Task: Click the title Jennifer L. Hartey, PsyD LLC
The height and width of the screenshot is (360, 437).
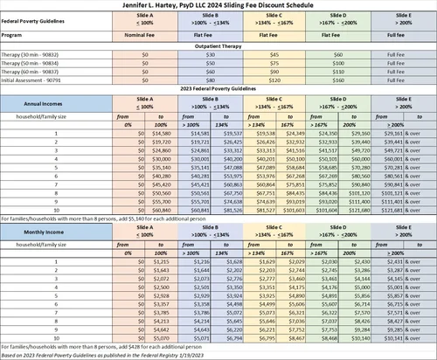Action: click(x=218, y=6)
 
